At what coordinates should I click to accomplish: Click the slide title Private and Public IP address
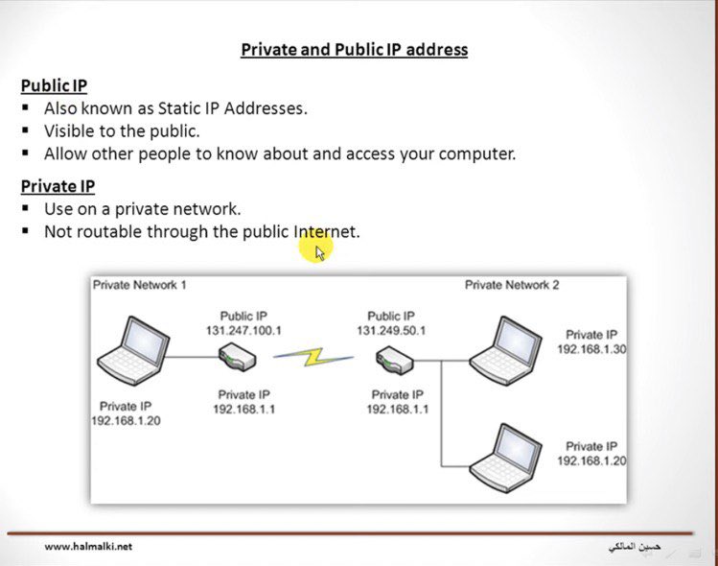point(354,49)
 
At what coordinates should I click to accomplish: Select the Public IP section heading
point(54,85)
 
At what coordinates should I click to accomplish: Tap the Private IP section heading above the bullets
point(58,186)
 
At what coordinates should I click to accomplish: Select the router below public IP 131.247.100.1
point(235,358)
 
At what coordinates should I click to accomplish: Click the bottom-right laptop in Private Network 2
point(504,454)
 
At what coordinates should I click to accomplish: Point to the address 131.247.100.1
point(243,330)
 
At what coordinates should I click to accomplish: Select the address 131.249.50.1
point(391,330)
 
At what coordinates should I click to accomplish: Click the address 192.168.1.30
point(591,349)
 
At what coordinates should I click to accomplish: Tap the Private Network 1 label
point(140,285)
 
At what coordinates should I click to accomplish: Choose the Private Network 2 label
point(512,285)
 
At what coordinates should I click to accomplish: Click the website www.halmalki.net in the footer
point(88,547)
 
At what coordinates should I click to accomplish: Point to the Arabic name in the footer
point(635,547)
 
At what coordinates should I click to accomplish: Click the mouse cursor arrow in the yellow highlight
point(320,252)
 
